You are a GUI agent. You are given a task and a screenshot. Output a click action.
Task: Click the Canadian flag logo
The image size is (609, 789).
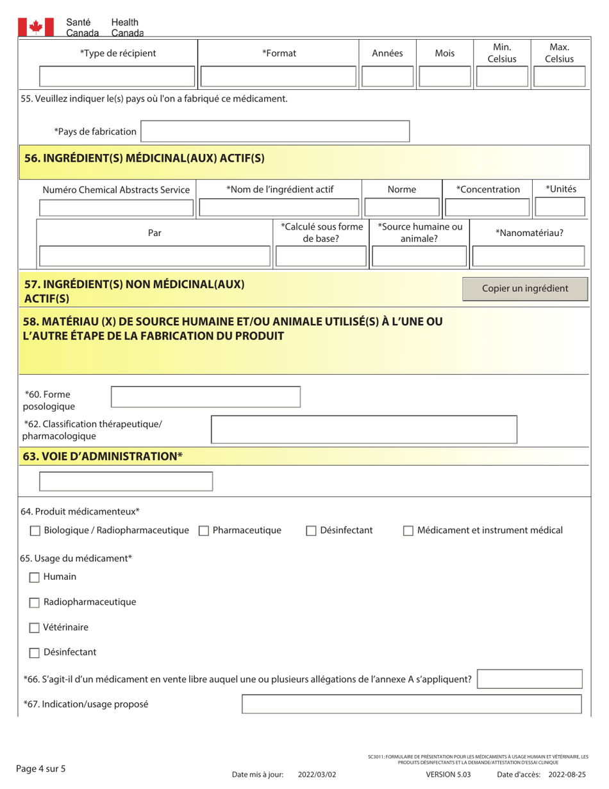click(35, 26)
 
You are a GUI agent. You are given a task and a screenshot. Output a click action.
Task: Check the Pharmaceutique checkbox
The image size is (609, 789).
click(204, 530)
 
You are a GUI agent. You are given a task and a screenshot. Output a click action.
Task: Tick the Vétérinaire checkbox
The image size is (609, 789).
click(36, 627)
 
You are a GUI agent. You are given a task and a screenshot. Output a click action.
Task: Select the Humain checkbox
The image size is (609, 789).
click(36, 577)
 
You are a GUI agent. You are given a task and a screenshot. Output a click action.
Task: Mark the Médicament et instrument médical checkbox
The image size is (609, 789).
click(408, 530)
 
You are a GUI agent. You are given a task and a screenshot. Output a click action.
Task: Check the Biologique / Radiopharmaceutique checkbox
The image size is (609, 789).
click(36, 530)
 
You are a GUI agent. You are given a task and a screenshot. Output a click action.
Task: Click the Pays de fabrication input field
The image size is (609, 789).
click(275, 131)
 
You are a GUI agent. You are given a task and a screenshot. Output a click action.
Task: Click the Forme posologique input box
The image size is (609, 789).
click(205, 397)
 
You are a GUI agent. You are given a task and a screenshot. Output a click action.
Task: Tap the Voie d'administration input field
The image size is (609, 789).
click(126, 482)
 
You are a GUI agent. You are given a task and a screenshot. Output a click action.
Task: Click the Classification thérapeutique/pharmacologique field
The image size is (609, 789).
click(363, 429)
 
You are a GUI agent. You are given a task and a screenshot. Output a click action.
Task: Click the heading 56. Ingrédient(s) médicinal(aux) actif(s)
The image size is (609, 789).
click(144, 158)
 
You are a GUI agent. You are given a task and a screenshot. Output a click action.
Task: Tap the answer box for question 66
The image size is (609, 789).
click(530, 679)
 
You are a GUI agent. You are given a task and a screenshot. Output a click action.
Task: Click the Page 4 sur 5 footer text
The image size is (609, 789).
click(41, 767)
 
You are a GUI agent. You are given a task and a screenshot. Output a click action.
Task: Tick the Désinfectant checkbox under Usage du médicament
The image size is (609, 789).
click(36, 653)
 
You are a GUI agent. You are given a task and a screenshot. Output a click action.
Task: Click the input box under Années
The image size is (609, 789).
click(387, 78)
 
